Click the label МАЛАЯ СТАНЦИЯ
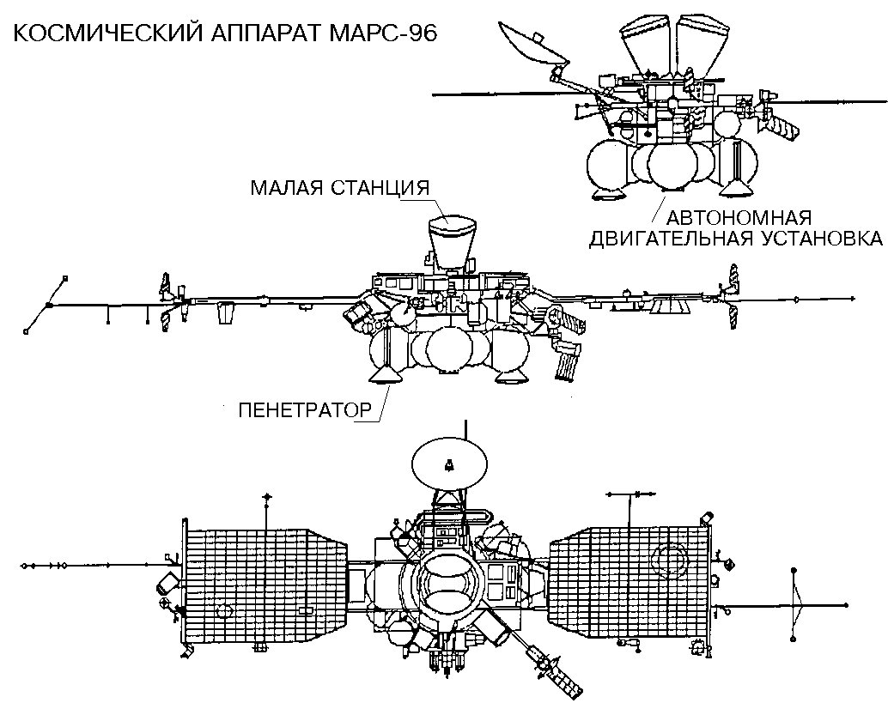point(339,187)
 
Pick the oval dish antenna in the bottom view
point(447,464)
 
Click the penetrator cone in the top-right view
point(737,184)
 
